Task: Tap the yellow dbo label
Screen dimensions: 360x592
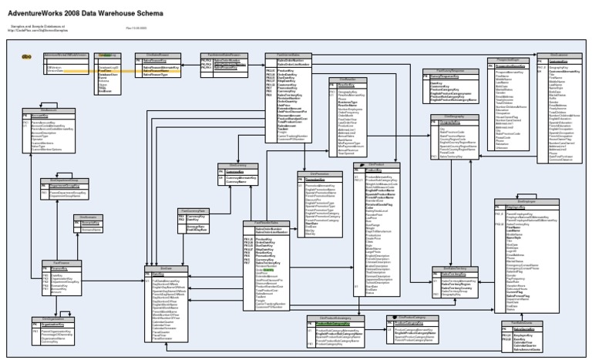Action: (26, 56)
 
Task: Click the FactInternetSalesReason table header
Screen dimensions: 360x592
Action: (223, 54)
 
